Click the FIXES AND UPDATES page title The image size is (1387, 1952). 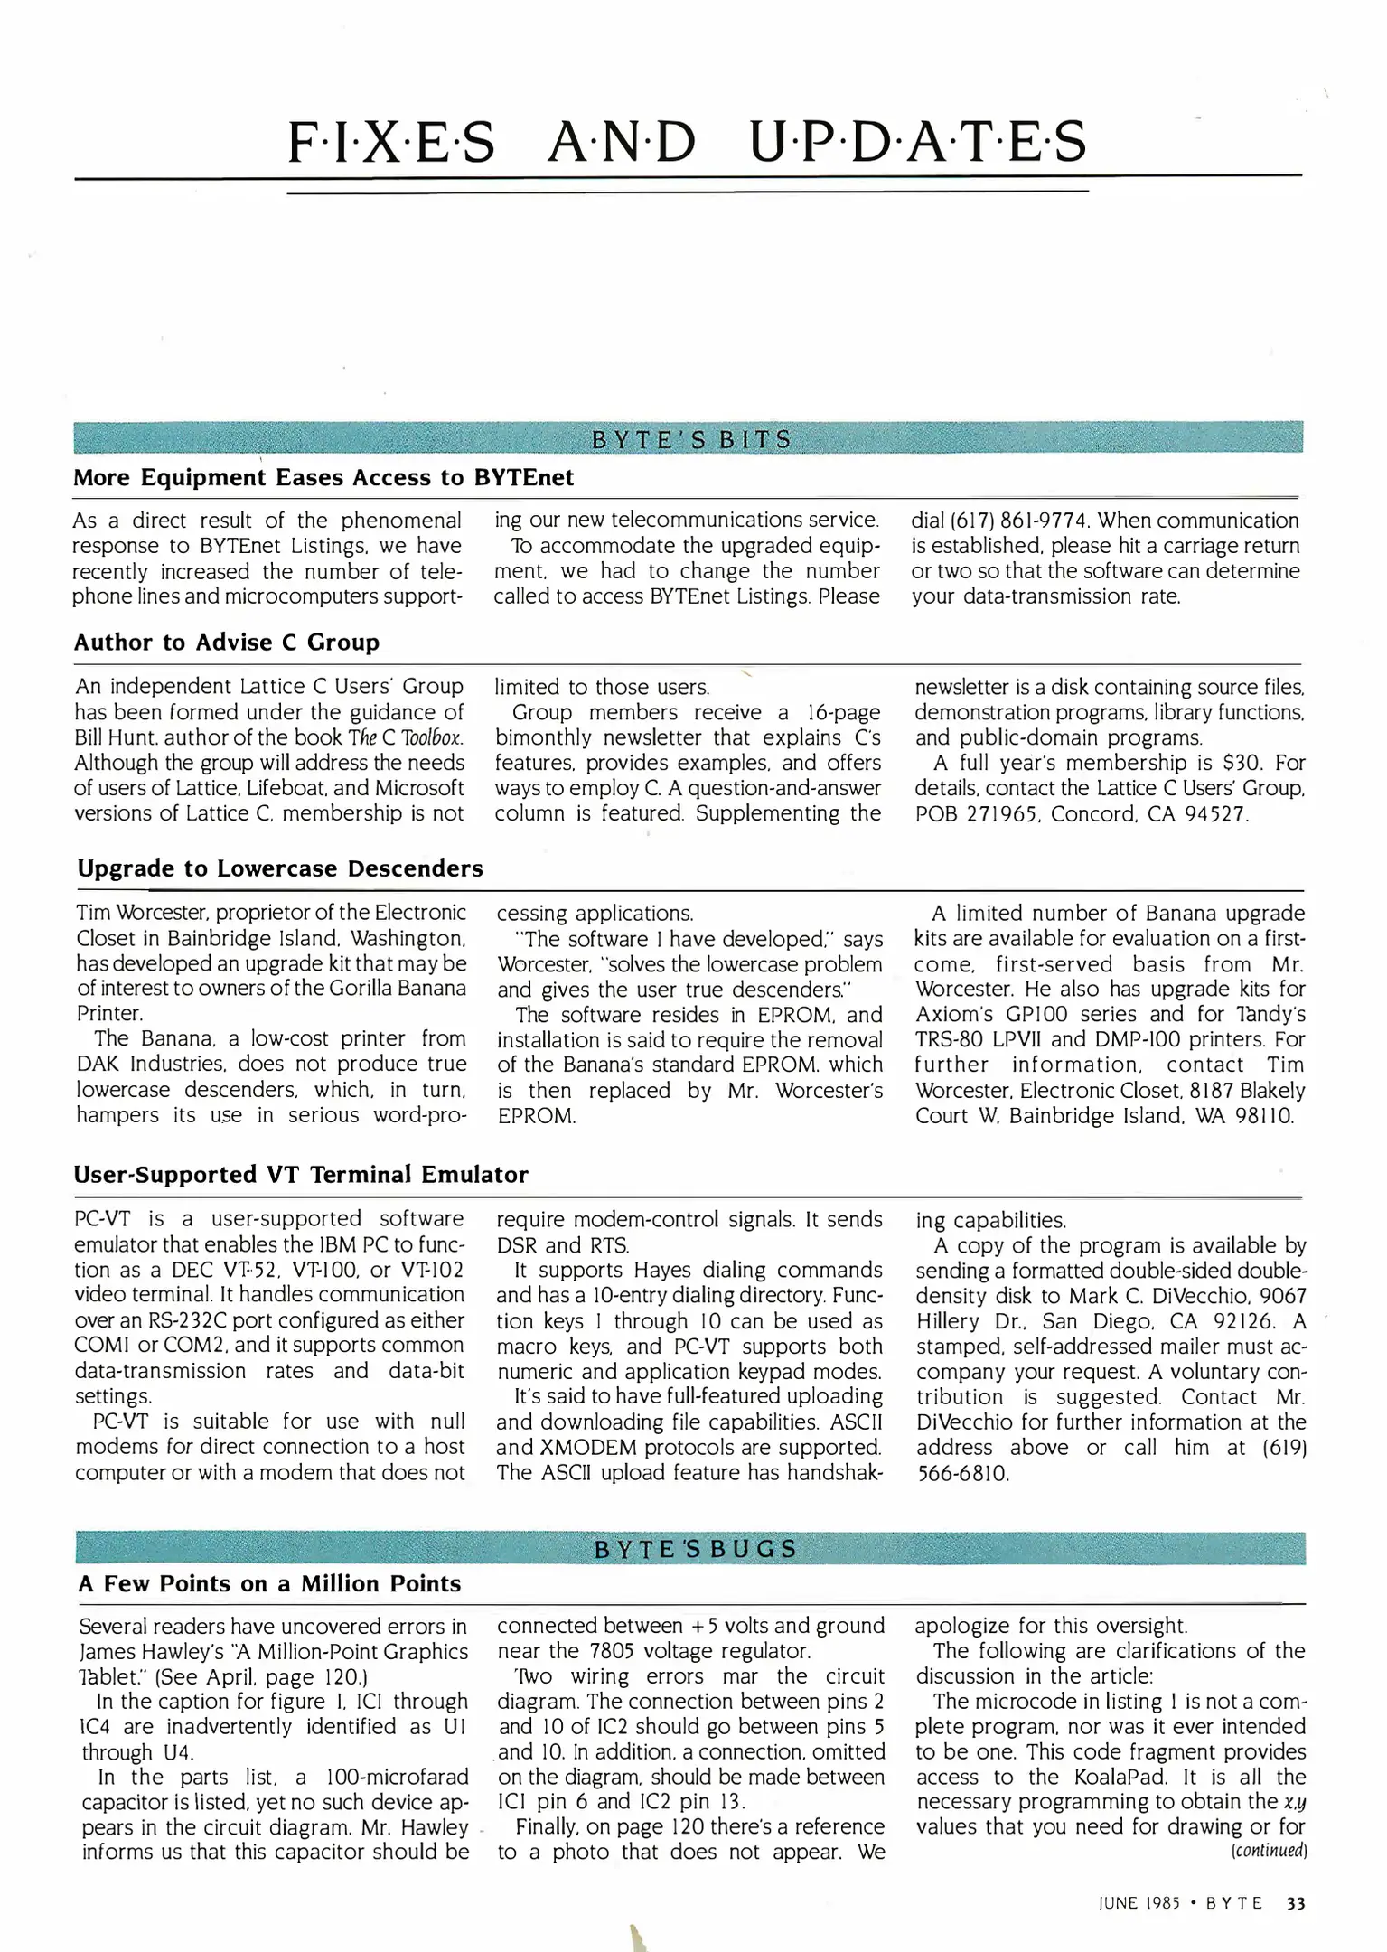pos(687,142)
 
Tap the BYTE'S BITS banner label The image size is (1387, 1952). pos(691,439)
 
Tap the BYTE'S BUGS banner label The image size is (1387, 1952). pos(695,1548)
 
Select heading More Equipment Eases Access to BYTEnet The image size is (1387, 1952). pos(323,477)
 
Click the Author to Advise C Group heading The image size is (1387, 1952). pos(226,643)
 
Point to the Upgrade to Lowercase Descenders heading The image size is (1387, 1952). pos(280,868)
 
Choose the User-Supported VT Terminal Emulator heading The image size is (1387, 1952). pos(301,1175)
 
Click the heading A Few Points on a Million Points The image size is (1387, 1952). pos(269,1583)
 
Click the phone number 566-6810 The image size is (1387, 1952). pos(962,1473)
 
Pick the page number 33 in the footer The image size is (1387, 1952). pos(1295,1903)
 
